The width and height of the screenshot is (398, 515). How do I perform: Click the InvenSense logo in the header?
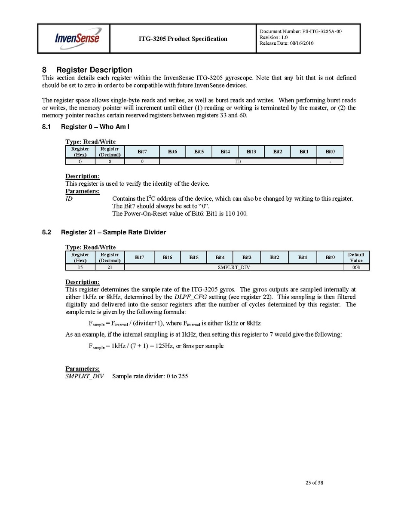coord(77,38)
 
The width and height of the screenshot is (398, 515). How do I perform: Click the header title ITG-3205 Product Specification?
coord(183,39)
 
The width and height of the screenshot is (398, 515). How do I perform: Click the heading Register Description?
coord(94,70)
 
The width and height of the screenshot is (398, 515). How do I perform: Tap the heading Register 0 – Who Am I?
coord(95,127)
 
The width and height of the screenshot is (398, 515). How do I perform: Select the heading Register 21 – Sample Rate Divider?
coord(113,232)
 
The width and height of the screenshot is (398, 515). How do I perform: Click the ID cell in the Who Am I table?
coord(238,161)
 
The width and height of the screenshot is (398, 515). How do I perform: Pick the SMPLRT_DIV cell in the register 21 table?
coord(234,267)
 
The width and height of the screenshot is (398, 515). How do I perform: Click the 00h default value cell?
coord(356,267)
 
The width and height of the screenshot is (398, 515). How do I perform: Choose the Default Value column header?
coord(356,257)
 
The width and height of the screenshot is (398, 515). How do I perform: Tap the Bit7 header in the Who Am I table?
coord(142,151)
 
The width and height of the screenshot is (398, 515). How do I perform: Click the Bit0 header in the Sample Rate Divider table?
coord(330,257)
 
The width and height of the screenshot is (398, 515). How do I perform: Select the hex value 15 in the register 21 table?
coord(80,267)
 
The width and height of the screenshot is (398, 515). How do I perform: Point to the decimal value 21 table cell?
coord(110,267)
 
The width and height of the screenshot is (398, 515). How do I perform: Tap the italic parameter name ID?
coord(68,199)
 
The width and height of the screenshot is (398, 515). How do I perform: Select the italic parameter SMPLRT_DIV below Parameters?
coord(84,376)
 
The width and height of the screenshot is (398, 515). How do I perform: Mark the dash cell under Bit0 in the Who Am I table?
coord(330,161)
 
